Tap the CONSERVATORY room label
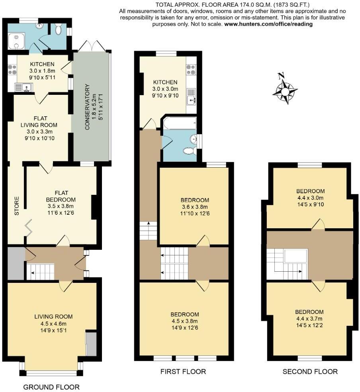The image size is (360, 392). pos(87,107)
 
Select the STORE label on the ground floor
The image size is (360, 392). pos(16,206)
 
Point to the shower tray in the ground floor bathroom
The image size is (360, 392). pos(16,41)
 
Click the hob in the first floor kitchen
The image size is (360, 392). pos(192,70)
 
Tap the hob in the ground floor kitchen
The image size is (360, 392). pos(12,69)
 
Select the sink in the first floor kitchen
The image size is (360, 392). pos(192,96)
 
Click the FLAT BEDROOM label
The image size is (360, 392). pos(61,196)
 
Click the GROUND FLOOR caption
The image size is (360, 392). pos(51,387)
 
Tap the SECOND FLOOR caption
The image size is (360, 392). pos(310,372)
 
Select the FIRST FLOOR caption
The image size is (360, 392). pos(183,372)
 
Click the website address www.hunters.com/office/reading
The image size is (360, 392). pos(268,24)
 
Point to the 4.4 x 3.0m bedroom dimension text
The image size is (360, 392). pos(310,198)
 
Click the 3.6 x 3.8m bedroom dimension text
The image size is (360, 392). pos(195,207)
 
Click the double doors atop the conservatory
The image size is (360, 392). pos(92,46)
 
